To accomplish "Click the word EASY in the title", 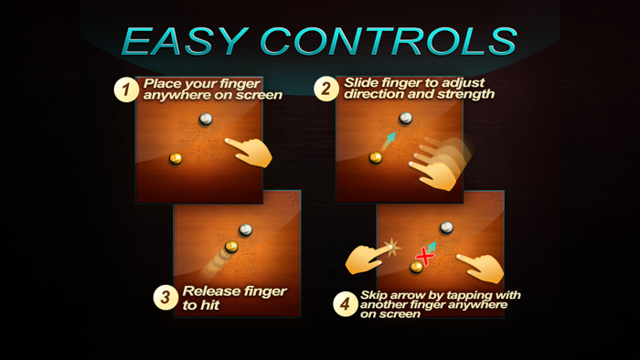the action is pyautogui.click(x=185, y=41).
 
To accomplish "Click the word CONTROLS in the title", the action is pyautogui.click(x=389, y=41).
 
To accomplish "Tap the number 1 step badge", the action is pyautogui.click(x=126, y=90).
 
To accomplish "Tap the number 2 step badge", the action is pyautogui.click(x=326, y=89).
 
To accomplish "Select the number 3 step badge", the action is pyautogui.click(x=165, y=297).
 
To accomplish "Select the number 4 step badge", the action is pyautogui.click(x=346, y=303).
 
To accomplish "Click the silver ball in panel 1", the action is pyautogui.click(x=206, y=119).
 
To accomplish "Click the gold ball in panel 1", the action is pyautogui.click(x=176, y=158).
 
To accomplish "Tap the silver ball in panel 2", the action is pyautogui.click(x=406, y=118).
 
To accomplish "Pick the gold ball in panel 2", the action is pyautogui.click(x=375, y=157).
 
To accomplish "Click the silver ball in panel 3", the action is pyautogui.click(x=245, y=230).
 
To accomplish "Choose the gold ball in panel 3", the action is pyautogui.click(x=231, y=247).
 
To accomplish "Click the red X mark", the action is pyautogui.click(x=425, y=257).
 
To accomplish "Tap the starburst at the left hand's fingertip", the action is pyautogui.click(x=391, y=247).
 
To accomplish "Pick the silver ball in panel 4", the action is pyautogui.click(x=446, y=228).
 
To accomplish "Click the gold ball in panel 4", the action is pyautogui.click(x=416, y=267).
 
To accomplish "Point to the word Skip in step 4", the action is pyautogui.click(x=373, y=295).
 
